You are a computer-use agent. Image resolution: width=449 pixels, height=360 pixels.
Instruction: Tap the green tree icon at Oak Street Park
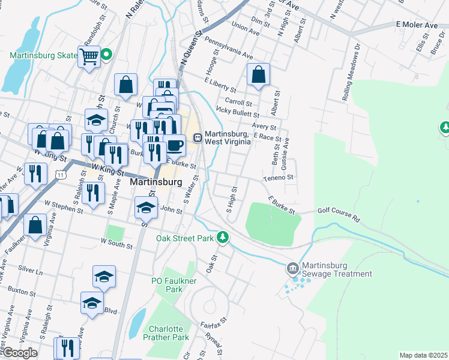click(x=223, y=238)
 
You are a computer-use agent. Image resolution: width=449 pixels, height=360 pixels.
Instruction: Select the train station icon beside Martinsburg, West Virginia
click(x=197, y=137)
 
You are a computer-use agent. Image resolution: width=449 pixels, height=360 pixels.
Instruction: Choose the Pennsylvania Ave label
click(x=229, y=47)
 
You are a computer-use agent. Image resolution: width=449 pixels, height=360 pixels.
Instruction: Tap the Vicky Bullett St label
click(x=237, y=112)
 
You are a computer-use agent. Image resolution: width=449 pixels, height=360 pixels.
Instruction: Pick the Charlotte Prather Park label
click(x=166, y=333)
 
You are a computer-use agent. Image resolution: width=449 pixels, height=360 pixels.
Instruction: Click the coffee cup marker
click(x=174, y=145)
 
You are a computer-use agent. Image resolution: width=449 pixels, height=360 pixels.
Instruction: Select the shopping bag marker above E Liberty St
click(x=258, y=75)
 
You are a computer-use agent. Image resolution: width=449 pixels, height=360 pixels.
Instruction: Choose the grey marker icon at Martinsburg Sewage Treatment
click(x=293, y=267)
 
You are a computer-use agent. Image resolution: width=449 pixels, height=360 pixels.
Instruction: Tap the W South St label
click(x=116, y=242)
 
